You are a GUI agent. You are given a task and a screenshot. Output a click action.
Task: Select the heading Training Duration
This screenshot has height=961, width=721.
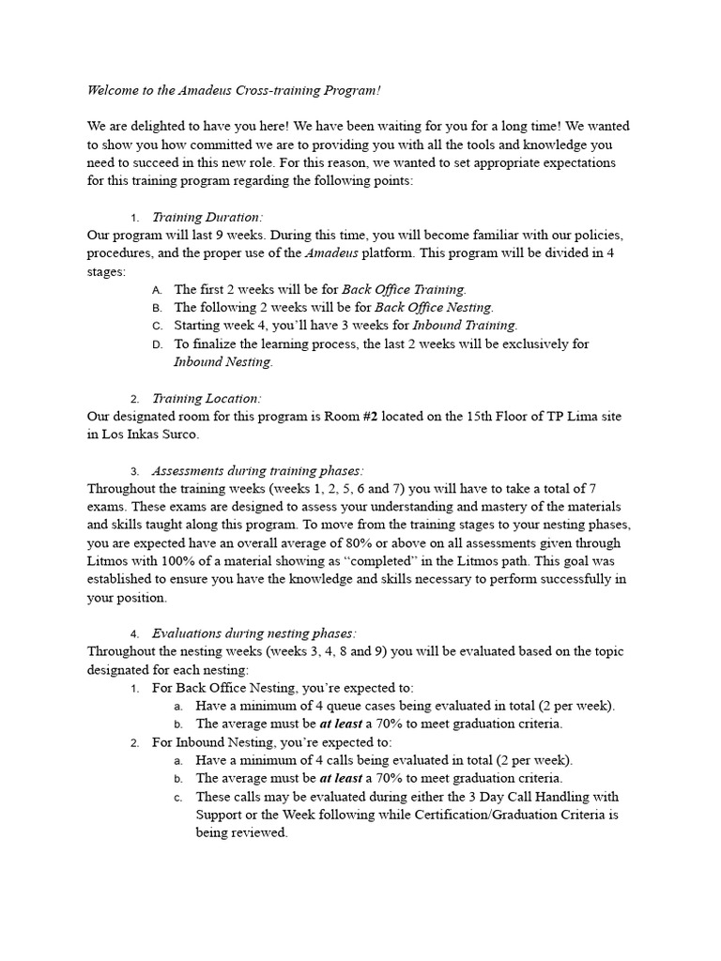(x=206, y=217)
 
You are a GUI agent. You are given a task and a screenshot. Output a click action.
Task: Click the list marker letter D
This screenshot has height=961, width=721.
(x=157, y=344)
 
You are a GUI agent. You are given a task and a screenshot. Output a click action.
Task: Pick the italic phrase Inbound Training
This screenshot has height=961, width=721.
(x=464, y=326)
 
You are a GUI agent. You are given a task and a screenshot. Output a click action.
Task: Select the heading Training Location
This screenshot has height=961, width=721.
(x=207, y=398)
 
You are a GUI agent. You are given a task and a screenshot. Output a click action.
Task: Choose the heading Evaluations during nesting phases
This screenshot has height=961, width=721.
(x=253, y=633)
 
